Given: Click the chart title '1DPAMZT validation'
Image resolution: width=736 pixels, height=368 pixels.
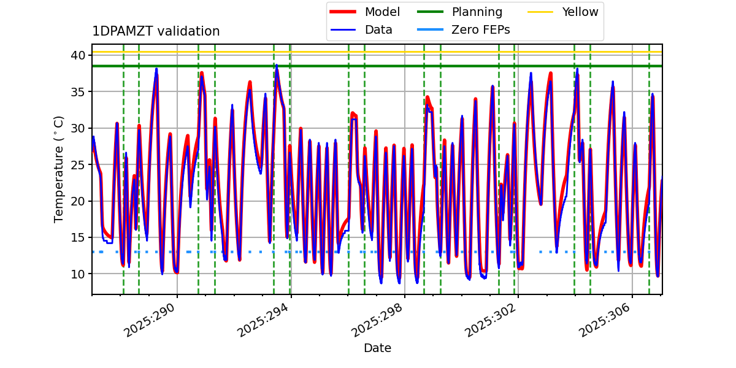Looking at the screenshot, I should coord(156,31).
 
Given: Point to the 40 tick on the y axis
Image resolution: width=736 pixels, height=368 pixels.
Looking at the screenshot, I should coord(78,55).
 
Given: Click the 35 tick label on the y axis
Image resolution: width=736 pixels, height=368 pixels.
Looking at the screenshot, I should coord(78,92).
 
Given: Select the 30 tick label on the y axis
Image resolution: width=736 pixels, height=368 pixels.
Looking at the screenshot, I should coord(78,128).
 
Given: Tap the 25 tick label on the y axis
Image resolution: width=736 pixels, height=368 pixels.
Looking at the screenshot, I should coord(78,164).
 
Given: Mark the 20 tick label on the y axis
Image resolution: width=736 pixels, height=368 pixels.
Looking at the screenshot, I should coord(78,201).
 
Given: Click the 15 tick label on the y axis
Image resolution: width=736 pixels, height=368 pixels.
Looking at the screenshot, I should coord(78,237).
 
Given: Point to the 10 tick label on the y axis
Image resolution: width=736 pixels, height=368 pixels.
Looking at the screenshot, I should coord(78,274).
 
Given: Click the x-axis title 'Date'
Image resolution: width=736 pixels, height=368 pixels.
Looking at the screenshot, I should coord(377,348).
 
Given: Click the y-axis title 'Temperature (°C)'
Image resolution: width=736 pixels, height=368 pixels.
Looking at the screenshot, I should coord(59,169).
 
